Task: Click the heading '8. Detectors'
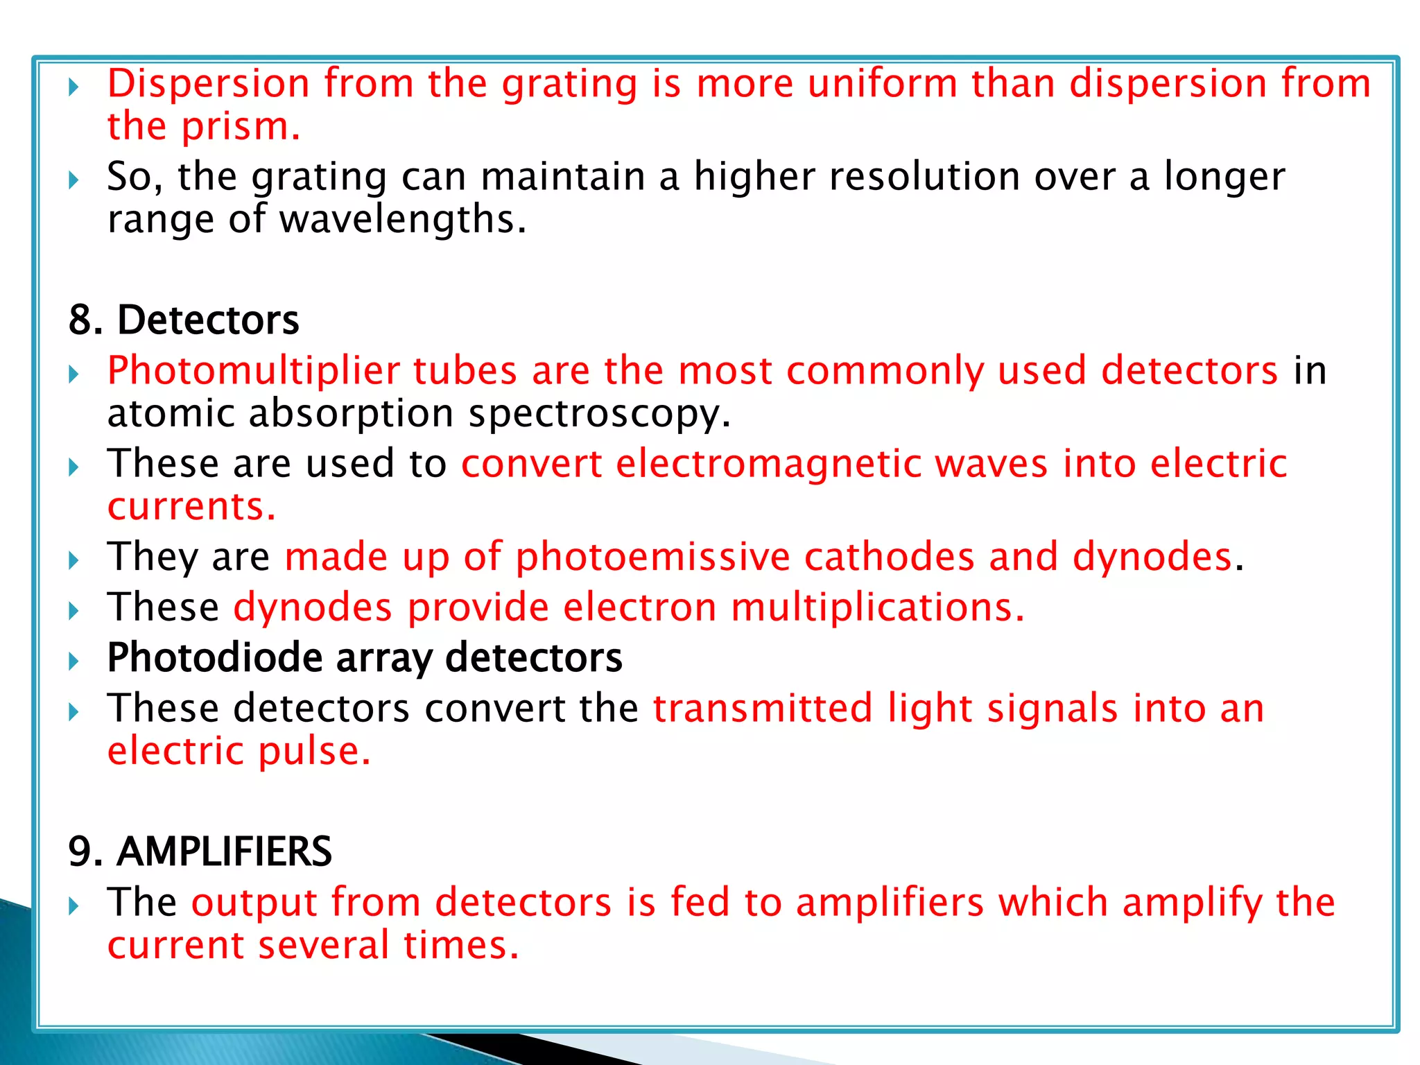[x=184, y=320]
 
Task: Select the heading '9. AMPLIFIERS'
[x=200, y=851]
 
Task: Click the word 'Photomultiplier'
[x=253, y=370]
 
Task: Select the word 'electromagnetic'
[x=768, y=464]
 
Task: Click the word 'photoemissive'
[x=652, y=557]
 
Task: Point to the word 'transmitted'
[x=762, y=709]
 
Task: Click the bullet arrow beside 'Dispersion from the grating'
[x=74, y=87]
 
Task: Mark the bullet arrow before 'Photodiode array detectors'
[x=74, y=661]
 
